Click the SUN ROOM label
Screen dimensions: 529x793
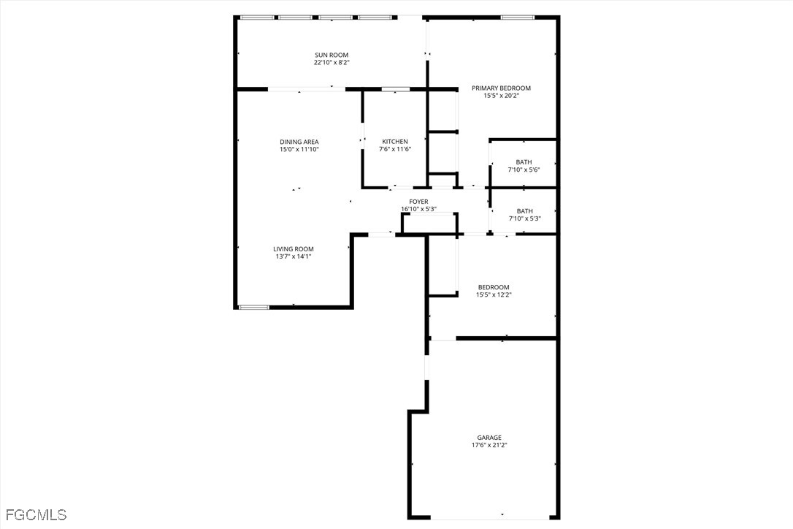pos(331,55)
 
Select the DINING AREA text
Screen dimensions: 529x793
pos(299,142)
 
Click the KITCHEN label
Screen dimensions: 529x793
pos(395,142)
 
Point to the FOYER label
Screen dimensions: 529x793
pos(418,202)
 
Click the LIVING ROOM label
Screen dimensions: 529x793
pos(294,249)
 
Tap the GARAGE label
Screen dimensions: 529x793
pos(489,438)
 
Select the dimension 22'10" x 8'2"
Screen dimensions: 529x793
pos(331,63)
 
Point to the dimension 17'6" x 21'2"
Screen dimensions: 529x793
pos(489,445)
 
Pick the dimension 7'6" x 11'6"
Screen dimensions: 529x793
pos(395,149)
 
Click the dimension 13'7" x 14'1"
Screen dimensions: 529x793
pos(294,256)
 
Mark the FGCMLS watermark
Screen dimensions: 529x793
pos(34,515)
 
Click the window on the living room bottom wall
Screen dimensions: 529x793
pos(254,307)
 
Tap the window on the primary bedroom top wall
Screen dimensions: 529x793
pos(517,17)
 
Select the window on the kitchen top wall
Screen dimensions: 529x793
pos(395,89)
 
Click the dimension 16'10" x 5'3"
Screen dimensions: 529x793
pos(418,210)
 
